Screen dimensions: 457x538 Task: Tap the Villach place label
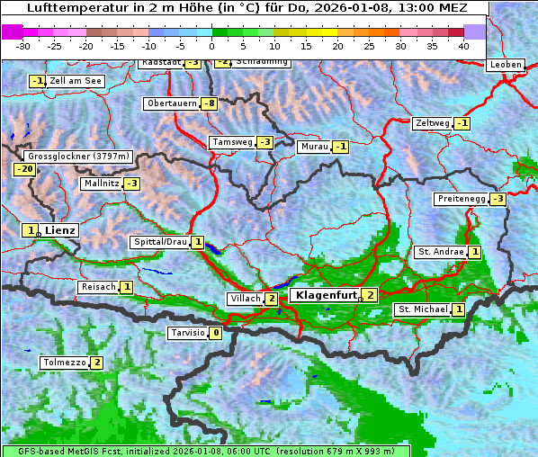[x=245, y=299]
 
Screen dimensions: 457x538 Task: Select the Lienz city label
[x=61, y=230]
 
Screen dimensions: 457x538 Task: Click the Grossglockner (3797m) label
[x=79, y=157]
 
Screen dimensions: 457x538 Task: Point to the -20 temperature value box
[x=24, y=169]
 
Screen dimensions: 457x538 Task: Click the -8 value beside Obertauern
[x=210, y=103]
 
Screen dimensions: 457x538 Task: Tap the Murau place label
[x=314, y=147]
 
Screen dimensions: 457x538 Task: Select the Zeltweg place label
[x=432, y=123]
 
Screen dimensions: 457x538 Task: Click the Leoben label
[x=505, y=65]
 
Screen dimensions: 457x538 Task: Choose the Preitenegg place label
[x=461, y=199]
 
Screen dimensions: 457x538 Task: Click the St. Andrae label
[x=440, y=252]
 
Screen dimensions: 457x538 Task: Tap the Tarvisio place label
[x=187, y=333]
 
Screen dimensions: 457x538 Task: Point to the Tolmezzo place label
[x=64, y=363]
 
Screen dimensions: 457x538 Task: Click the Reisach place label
[x=98, y=287]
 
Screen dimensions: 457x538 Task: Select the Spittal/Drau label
[x=160, y=242]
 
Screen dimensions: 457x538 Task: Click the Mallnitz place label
[x=101, y=184]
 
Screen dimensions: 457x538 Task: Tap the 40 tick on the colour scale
[x=463, y=45]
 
